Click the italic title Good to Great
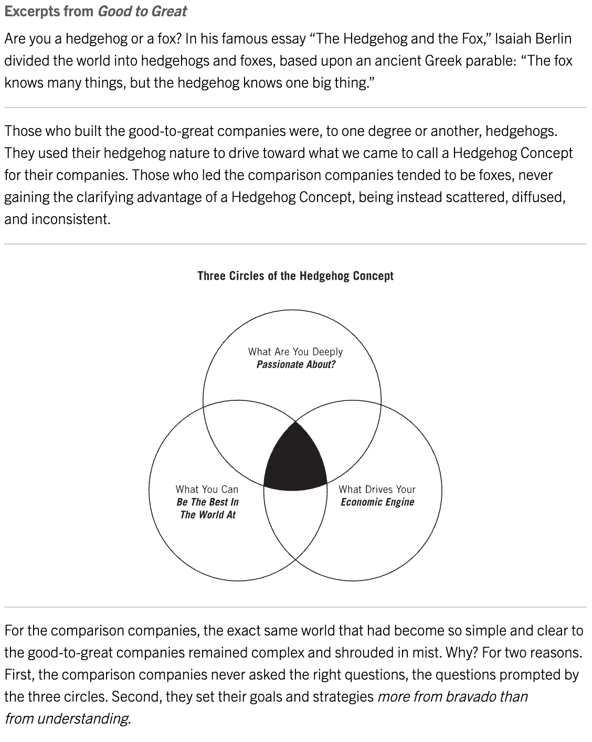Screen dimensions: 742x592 (x=142, y=11)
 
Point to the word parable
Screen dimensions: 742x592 (x=491, y=60)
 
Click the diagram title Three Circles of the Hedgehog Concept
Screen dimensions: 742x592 (x=295, y=276)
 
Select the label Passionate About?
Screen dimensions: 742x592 (x=295, y=365)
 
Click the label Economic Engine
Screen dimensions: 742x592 (x=377, y=502)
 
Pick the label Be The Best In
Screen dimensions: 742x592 (x=207, y=502)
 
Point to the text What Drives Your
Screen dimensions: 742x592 (x=377, y=489)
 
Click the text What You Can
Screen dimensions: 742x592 (x=207, y=489)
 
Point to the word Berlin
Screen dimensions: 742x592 (x=555, y=38)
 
